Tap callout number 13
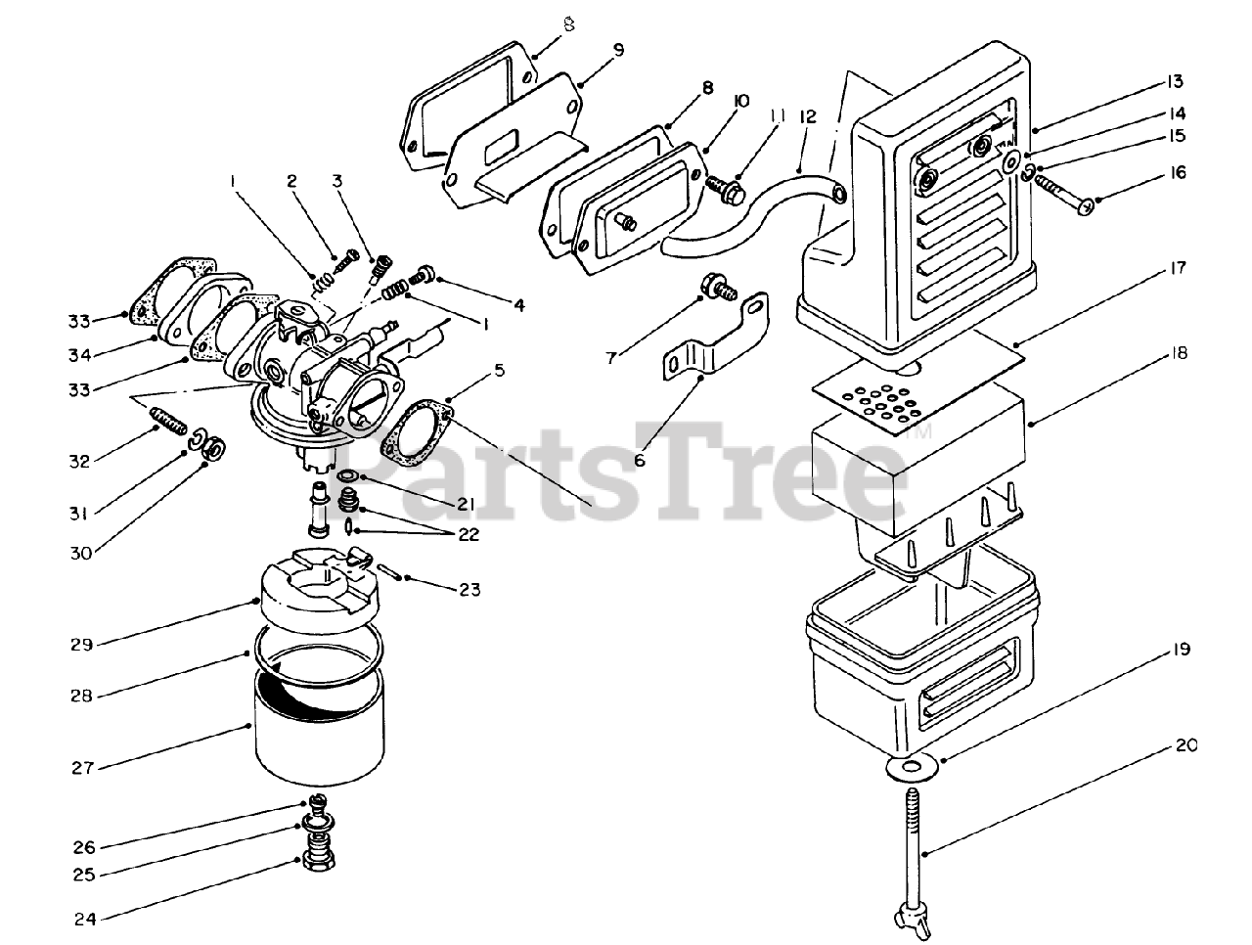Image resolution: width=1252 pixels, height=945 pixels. coord(1176,81)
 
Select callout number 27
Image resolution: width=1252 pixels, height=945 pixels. coord(83,768)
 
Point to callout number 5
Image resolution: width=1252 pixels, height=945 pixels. coord(499,370)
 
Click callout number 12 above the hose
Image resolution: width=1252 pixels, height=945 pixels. coord(807,116)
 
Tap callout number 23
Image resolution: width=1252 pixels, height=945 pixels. coord(469,589)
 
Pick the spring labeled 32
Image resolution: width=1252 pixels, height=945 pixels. coord(168,424)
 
